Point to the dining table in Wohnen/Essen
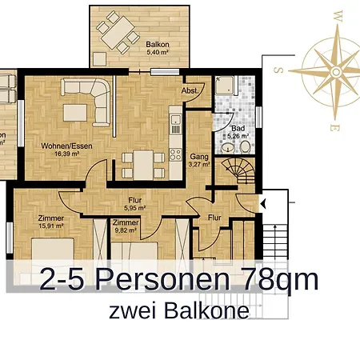pyautogui.click(x=143, y=165)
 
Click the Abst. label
pyautogui.click(x=191, y=91)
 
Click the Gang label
pyautogui.click(x=199, y=158)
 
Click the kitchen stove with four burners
pyautogui.click(x=176, y=123)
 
